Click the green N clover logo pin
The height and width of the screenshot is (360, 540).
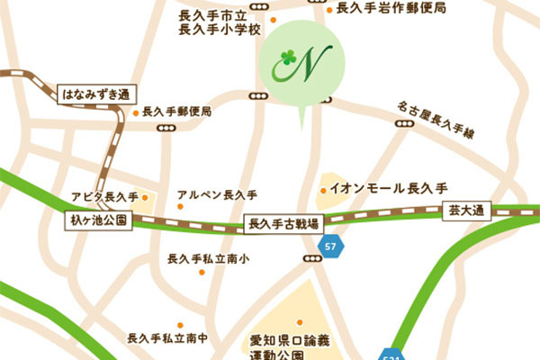[297, 65]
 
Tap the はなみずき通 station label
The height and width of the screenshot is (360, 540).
[95, 94]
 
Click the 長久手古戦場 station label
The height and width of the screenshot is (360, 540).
[283, 222]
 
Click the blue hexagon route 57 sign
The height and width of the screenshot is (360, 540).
[332, 246]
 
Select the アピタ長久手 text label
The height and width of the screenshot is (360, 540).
[103, 197]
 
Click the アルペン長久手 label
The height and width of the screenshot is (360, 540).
[217, 194]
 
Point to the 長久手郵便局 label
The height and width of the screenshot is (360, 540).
[177, 112]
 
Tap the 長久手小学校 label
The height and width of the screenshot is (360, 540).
[219, 30]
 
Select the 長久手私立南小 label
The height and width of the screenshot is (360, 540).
[208, 260]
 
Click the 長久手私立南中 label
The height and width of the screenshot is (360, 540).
[167, 338]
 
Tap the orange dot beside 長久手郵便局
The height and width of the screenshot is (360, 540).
[135, 113]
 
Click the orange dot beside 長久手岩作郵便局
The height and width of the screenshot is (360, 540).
[329, 10]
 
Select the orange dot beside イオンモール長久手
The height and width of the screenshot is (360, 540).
[323, 190]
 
